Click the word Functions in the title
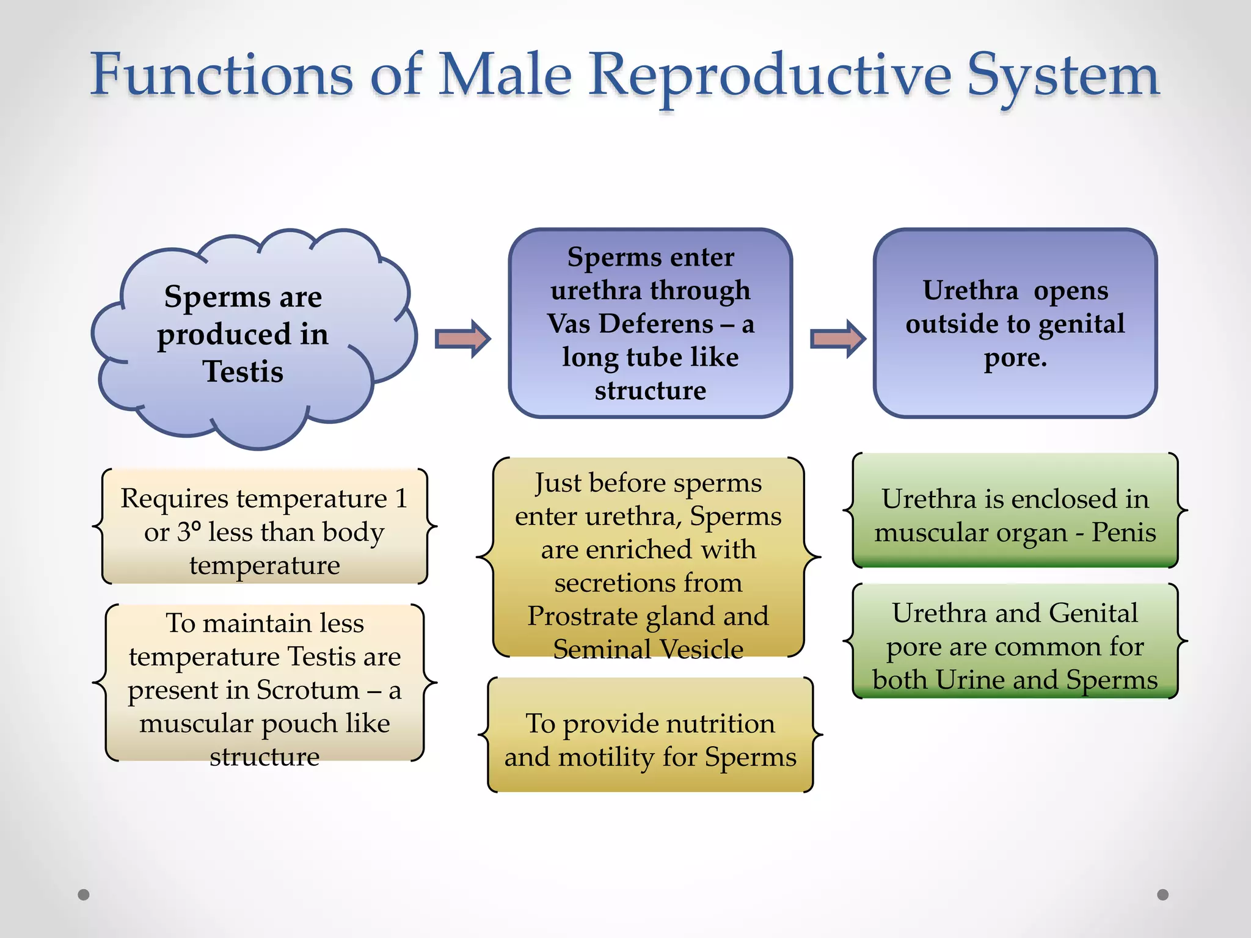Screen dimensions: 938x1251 222,75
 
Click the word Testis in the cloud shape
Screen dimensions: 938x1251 243,371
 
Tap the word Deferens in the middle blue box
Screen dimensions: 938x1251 656,324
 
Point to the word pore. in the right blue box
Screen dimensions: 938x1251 1015,358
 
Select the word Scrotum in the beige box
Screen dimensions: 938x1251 308,690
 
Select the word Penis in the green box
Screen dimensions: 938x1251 1123,532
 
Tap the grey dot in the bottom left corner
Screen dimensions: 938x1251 84,895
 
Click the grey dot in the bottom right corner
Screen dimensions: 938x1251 1163,895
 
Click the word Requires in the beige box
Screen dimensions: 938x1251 174,499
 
